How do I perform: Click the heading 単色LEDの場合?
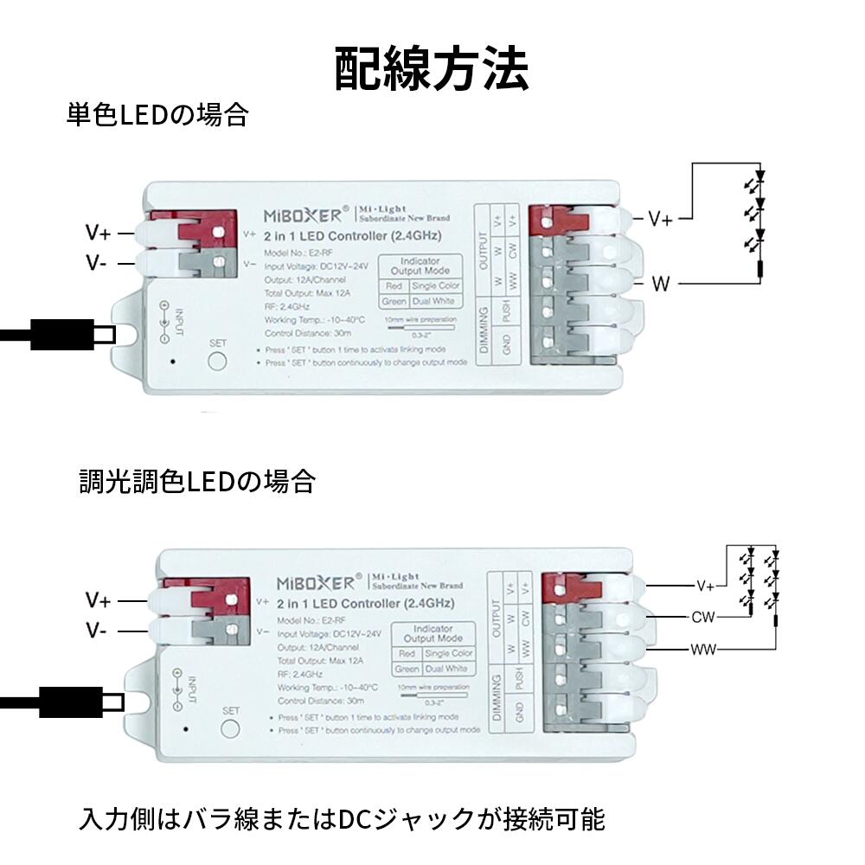(157, 115)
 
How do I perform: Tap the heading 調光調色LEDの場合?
(196, 481)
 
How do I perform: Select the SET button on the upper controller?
(217, 361)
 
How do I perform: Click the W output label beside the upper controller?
(661, 284)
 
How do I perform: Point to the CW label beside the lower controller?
(702, 618)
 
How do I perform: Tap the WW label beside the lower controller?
(702, 649)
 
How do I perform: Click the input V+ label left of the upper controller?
(98, 232)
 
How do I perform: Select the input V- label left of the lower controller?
(97, 631)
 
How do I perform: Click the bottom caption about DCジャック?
(342, 817)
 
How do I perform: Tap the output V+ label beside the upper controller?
(661, 220)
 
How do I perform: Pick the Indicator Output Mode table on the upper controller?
(421, 283)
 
